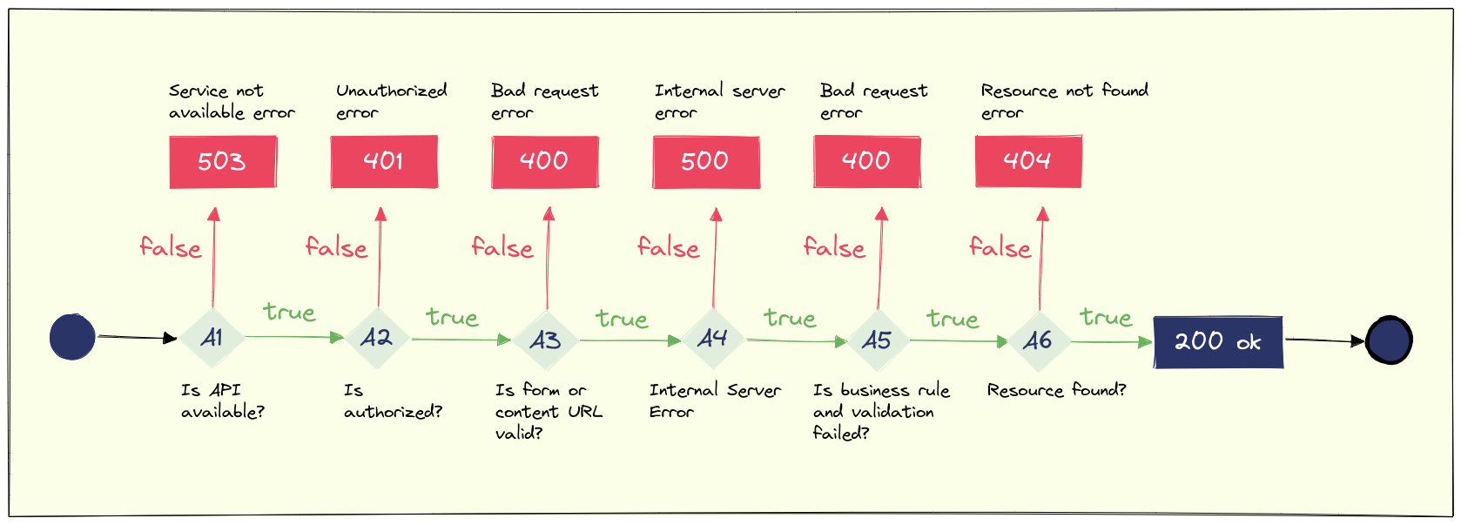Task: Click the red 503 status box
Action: click(x=223, y=162)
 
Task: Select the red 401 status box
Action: click(x=384, y=161)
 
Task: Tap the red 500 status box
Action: click(x=706, y=162)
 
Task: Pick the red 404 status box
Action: click(x=1028, y=161)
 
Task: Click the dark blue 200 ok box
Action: click(x=1217, y=342)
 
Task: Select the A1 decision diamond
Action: click(x=212, y=338)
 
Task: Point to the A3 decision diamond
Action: click(x=546, y=340)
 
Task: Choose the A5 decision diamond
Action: click(x=877, y=340)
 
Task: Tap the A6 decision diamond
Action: click(x=1038, y=340)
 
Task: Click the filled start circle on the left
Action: click(x=72, y=337)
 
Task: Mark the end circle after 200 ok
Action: click(x=1389, y=340)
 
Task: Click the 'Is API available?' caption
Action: click(x=222, y=400)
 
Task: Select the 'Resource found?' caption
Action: click(x=1056, y=390)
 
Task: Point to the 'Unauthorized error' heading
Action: click(x=391, y=101)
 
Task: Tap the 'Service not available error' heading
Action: click(x=231, y=101)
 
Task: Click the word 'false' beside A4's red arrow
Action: click(x=668, y=248)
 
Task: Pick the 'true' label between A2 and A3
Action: click(x=452, y=317)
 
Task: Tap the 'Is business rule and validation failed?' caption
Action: click(x=879, y=411)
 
